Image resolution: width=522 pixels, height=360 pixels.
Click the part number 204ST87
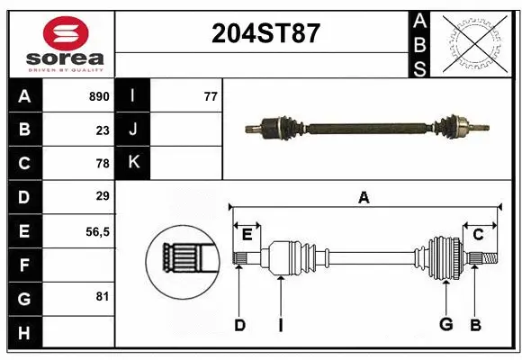tap(265, 33)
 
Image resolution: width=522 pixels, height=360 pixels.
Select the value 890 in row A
tap(98, 96)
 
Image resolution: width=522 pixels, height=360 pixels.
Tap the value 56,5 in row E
tap(96, 231)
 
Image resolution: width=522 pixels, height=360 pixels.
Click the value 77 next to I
tap(211, 96)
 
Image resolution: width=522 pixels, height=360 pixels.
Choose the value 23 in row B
tap(102, 130)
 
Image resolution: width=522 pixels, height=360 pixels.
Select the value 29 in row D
tap(102, 196)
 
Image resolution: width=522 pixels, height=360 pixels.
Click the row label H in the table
tap(23, 332)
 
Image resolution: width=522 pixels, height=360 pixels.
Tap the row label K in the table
tap(134, 163)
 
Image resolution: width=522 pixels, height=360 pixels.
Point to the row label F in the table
tap(23, 265)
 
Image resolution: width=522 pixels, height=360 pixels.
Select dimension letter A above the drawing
tap(364, 197)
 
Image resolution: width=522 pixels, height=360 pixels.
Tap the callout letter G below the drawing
tap(445, 325)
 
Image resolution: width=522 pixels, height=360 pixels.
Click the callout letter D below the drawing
tap(239, 325)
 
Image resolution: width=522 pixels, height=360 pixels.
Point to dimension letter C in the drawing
tap(478, 234)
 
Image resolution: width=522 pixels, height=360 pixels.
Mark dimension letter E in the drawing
tap(247, 234)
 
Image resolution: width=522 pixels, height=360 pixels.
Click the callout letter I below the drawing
tap(280, 325)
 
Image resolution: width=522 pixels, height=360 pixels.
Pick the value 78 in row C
tap(102, 164)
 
